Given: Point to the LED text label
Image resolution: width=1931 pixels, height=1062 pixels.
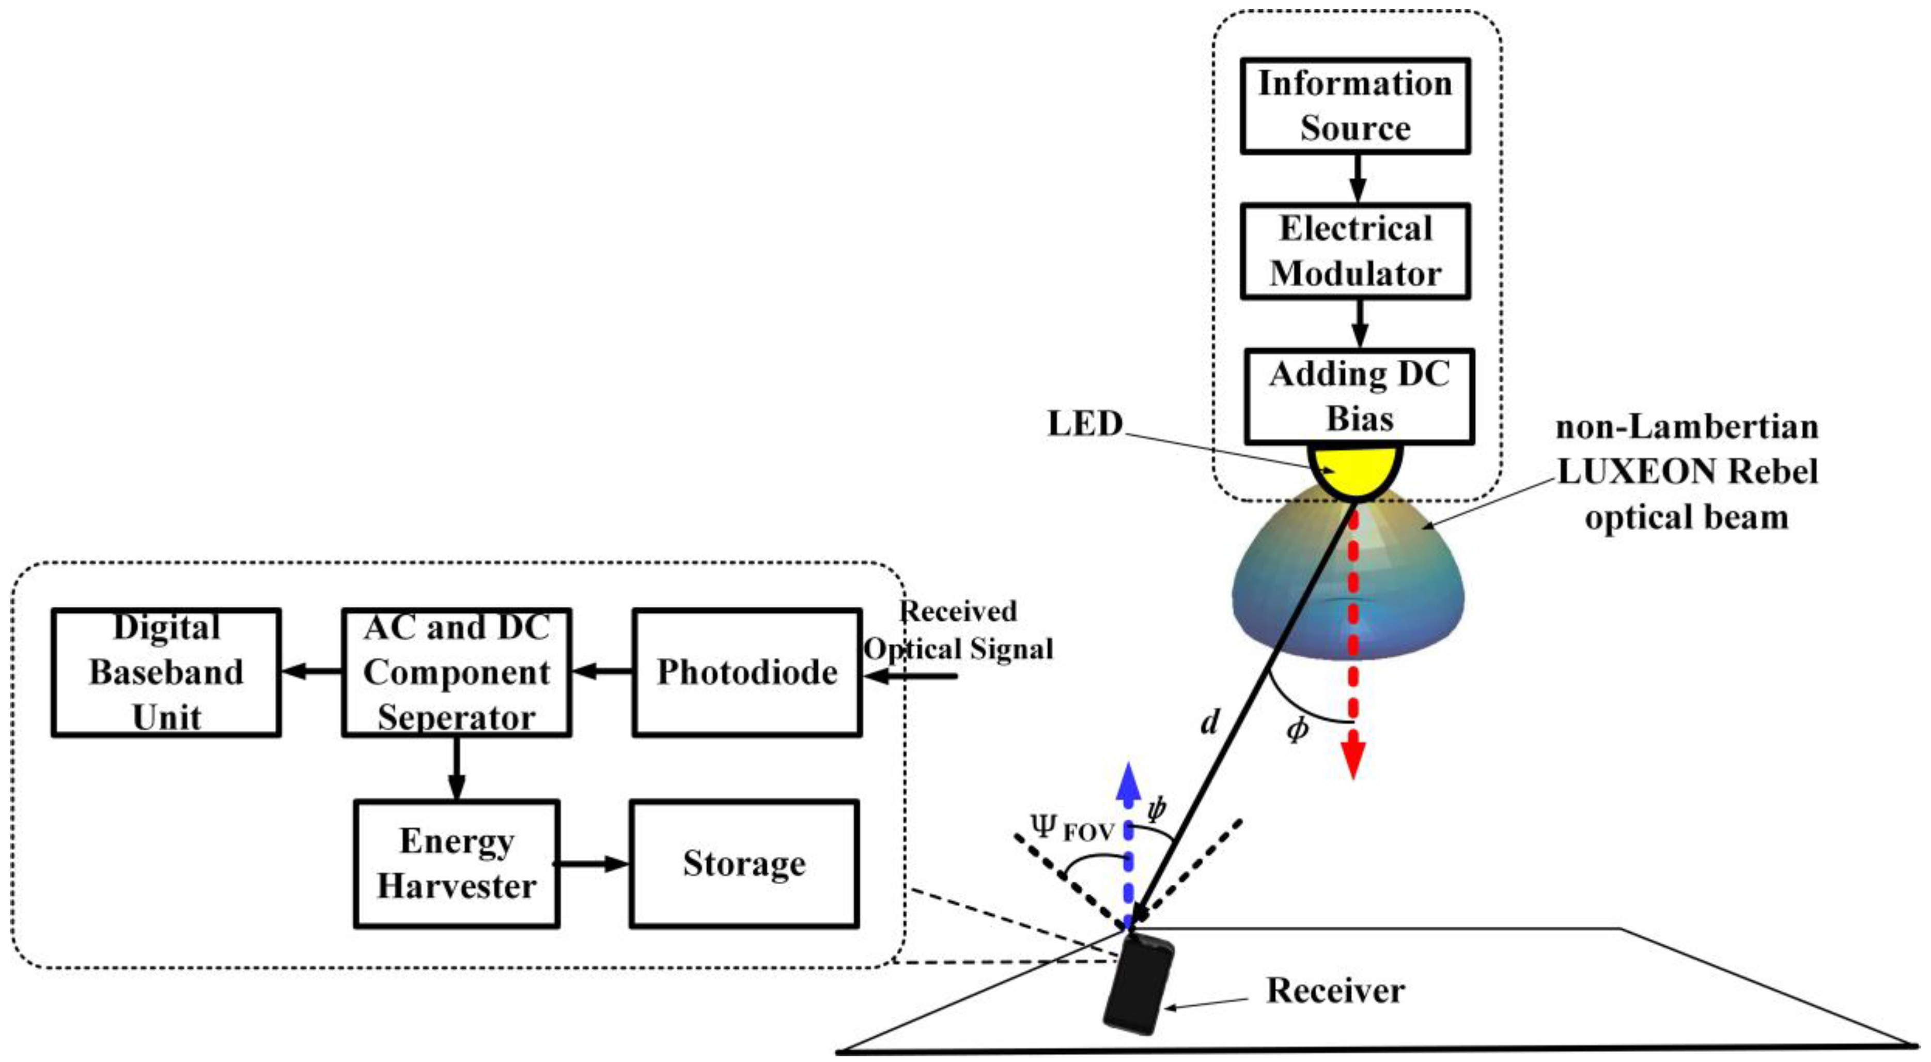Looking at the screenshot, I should pos(1085,424).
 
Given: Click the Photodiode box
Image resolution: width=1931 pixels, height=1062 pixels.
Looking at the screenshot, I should pos(746,672).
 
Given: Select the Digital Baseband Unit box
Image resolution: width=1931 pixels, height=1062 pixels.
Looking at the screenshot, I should pos(166,672).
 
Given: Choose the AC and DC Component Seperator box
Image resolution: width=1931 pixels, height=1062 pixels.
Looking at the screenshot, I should pos(457,672).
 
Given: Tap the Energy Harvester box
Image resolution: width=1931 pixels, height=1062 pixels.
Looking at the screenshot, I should pos(457,864).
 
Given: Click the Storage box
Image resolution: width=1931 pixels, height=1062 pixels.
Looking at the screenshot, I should pos(743,864).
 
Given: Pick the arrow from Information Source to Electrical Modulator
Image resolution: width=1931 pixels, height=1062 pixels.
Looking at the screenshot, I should pos(1357,178).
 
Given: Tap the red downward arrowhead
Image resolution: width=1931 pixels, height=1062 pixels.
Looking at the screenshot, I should pos(1352,761).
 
